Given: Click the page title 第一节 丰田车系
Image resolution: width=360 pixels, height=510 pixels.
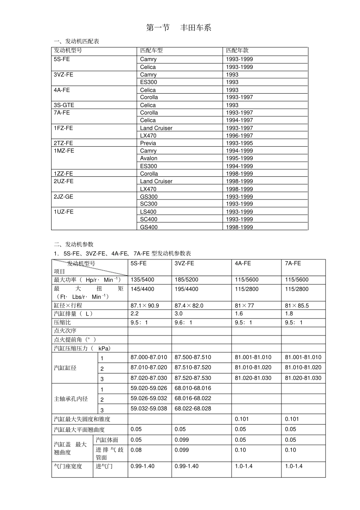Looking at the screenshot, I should pos(178,28).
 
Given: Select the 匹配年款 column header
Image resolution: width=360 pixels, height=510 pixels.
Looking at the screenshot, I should pos(237,50).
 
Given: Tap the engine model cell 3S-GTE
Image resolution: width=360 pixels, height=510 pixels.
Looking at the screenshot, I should pos(64,105).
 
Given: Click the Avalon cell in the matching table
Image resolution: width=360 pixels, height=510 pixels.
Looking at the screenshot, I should pos(149,158).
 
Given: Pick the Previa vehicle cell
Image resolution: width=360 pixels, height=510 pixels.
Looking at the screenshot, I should pos(148,143).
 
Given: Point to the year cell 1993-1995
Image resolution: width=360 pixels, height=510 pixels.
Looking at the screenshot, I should pos(239,143).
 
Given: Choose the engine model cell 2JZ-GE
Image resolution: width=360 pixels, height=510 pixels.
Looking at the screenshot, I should pos(63,196).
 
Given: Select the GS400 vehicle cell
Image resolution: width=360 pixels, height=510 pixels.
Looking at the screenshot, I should pos(149,227).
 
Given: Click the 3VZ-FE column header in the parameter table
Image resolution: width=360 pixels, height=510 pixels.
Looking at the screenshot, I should pos(184,263).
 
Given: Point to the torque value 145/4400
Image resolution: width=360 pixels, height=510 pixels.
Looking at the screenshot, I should pos(142,289).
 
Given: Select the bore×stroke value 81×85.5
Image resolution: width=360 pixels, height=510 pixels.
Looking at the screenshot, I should pos(297,305).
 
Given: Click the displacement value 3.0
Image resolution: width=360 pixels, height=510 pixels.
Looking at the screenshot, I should pos(178,314).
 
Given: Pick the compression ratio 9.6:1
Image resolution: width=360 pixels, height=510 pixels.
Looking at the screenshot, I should pos(183,322).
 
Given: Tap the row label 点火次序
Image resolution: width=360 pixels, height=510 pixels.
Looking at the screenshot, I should pos(65,331).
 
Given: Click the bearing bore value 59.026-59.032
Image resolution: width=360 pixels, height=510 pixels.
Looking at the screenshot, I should pos(149,398).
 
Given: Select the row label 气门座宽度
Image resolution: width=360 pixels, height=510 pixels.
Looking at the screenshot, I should pos(68,466).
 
